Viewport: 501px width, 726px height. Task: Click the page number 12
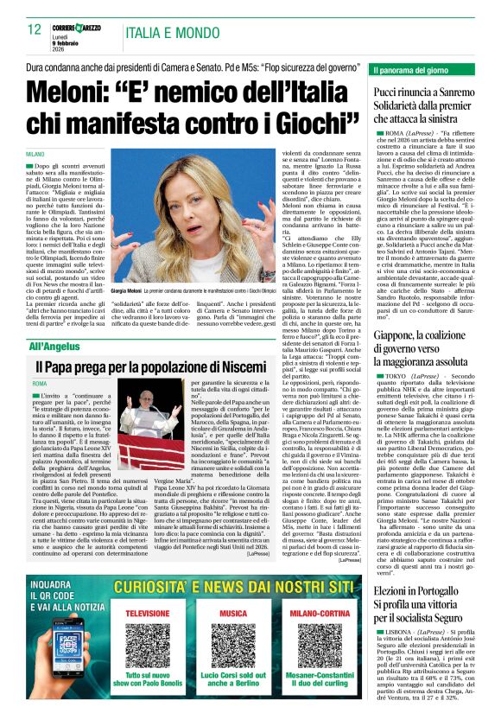35,29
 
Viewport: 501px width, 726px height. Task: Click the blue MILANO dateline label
35,153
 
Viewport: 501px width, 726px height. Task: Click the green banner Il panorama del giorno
413,68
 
